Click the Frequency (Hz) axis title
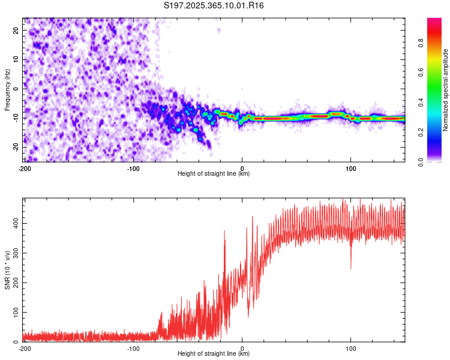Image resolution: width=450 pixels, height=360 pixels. click(x=7, y=90)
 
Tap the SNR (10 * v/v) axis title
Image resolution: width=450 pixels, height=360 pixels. click(x=7, y=270)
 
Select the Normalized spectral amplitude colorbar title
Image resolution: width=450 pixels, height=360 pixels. click(x=446, y=90)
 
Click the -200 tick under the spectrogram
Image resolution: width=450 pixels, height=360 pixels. click(x=25, y=168)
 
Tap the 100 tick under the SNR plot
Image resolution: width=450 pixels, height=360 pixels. click(x=350, y=348)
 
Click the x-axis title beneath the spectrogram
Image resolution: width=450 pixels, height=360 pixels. click(x=214, y=174)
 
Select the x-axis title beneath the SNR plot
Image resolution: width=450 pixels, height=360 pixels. click(x=214, y=354)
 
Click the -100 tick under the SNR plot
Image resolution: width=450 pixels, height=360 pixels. click(x=133, y=348)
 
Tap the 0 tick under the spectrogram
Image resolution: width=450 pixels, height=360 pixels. click(x=242, y=168)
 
